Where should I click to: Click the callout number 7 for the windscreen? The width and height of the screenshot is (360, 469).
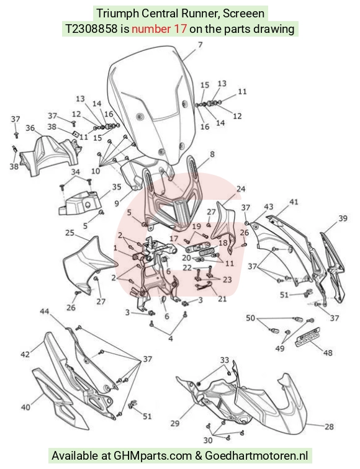tap(200, 45)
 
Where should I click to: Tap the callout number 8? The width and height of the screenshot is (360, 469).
tap(212, 154)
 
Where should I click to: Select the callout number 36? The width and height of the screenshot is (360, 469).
tap(30, 128)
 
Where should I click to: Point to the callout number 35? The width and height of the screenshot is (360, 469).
tap(117, 187)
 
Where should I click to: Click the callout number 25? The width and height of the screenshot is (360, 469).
tap(70, 233)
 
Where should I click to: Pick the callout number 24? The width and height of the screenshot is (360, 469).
tap(241, 189)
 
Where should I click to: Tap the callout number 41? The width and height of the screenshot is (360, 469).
tap(294, 202)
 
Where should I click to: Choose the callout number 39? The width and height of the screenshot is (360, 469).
tap(343, 218)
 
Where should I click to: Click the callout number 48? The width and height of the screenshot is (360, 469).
tap(328, 353)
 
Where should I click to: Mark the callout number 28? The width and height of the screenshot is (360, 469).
tap(329, 426)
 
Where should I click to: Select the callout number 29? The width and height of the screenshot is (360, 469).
tap(175, 423)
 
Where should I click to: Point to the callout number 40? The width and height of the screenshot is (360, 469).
tap(25, 407)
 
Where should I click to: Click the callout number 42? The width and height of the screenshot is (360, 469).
tap(25, 354)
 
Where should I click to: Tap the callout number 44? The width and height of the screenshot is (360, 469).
tap(45, 311)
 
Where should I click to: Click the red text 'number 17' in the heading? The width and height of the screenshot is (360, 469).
tap(159, 29)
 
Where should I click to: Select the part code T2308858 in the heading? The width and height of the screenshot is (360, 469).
tap(91, 29)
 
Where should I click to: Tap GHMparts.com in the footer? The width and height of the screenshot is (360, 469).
tap(153, 456)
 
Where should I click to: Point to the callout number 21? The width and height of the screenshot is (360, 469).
tap(222, 298)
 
